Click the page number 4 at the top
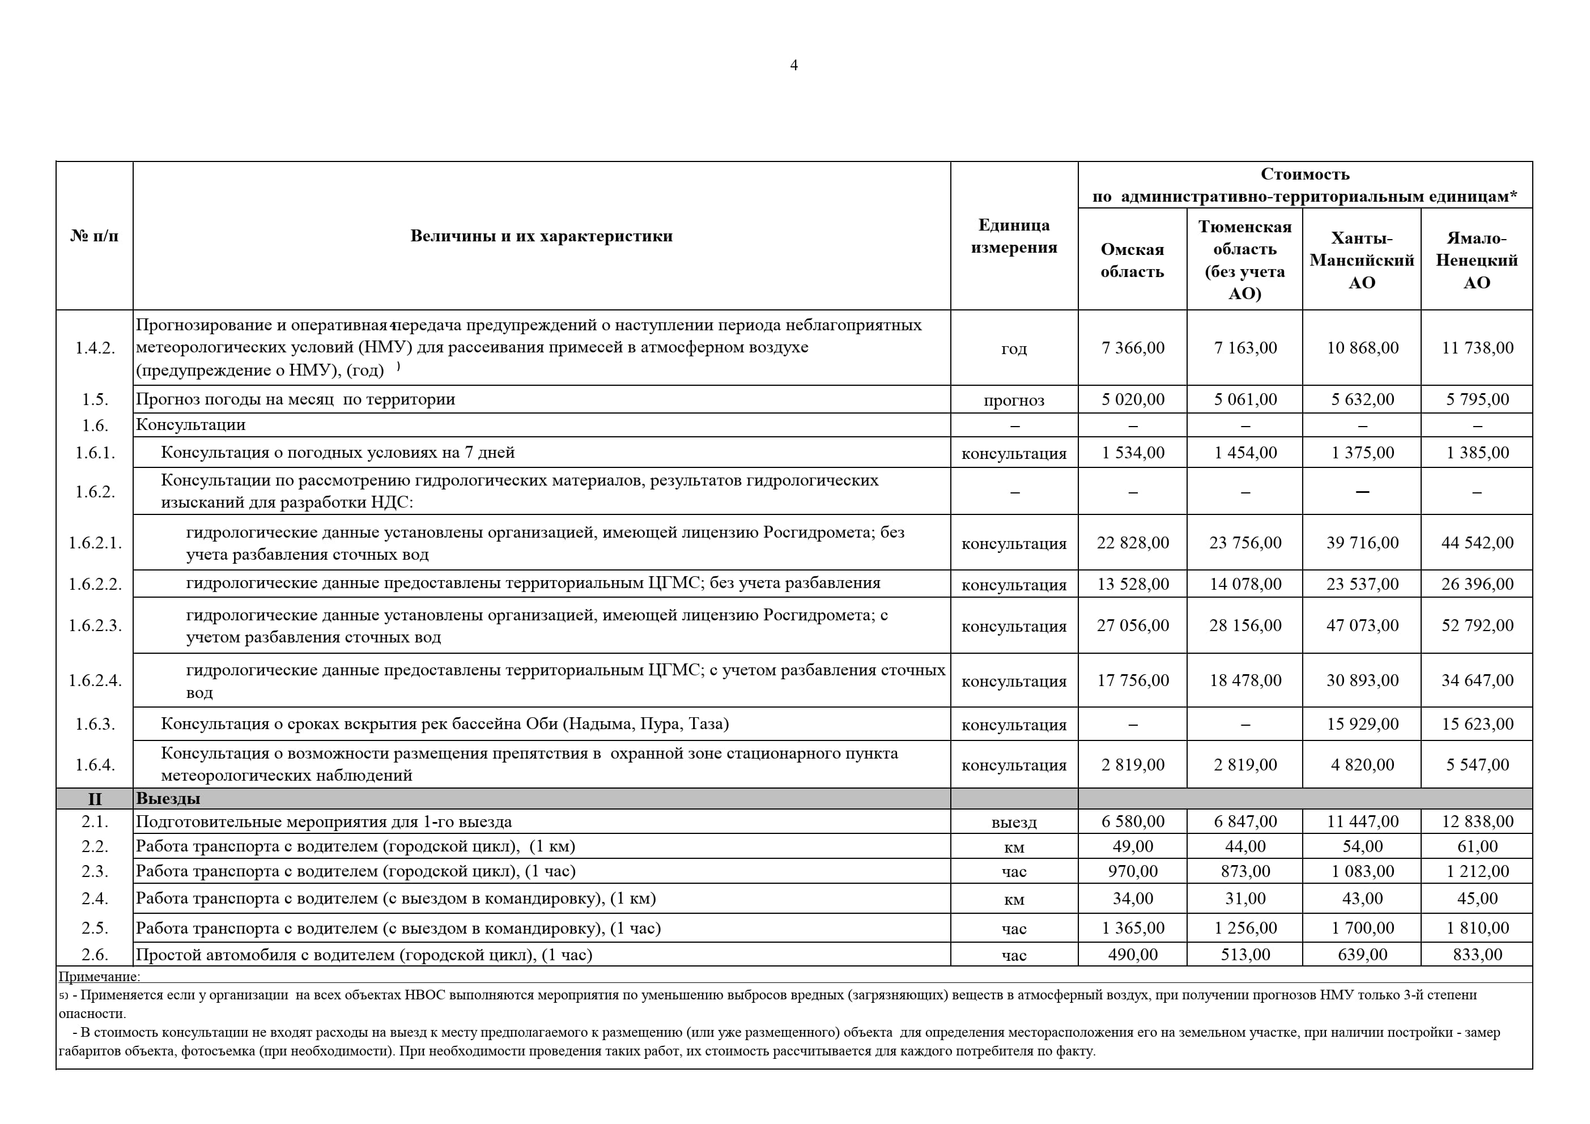(794, 65)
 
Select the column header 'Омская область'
(1132, 261)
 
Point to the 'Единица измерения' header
(1013, 236)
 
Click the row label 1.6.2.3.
(95, 625)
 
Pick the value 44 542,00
(1477, 543)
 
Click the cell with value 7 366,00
(1132, 348)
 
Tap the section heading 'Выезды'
(168, 798)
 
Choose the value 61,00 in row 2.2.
(1477, 846)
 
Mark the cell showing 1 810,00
(1477, 928)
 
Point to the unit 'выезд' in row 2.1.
(1013, 823)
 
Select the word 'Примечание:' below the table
(99, 977)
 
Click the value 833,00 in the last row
(1477, 955)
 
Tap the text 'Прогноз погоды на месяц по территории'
(295, 399)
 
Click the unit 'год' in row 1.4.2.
(1013, 348)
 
